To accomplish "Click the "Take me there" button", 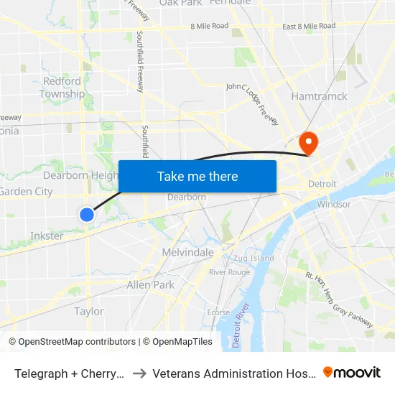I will pos(197,177).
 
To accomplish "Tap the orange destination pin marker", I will pos(309,141).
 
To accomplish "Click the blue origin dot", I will pos(87,214).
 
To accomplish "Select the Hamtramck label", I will pos(319,96).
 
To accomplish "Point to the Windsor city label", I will pos(334,204).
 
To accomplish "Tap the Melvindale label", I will pos(187,253).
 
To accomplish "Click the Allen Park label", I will pos(150,285).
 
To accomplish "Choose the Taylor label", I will pos(89,312).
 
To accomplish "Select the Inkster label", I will pos(47,236).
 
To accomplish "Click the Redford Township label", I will pos(62,88).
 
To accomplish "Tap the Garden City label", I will pos(26,192).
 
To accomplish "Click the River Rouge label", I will pos(229,272).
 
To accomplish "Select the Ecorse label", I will pos(218,312).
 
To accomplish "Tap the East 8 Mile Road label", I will pos(309,27).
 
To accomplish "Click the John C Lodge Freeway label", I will pos(252,103).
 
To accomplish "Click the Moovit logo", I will pos(352,372).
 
